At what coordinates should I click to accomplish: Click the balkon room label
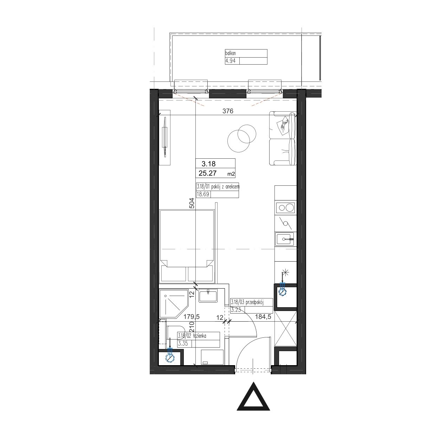click(230, 53)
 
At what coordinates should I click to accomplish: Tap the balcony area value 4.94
click(230, 61)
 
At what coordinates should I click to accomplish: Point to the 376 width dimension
click(228, 111)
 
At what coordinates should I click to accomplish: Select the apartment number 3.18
click(208, 164)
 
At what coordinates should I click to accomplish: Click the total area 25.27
click(208, 173)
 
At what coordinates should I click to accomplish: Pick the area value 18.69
click(203, 195)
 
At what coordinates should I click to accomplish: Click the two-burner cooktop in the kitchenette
click(285, 208)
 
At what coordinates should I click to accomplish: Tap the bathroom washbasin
click(208, 295)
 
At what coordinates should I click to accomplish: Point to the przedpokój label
click(254, 302)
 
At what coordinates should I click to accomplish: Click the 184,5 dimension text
click(263, 317)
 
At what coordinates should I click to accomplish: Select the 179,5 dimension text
click(192, 317)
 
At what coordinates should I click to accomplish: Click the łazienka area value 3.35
click(183, 343)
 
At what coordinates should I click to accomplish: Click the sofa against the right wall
click(283, 138)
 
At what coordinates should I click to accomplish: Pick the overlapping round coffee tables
click(241, 138)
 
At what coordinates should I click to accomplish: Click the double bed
click(187, 246)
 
